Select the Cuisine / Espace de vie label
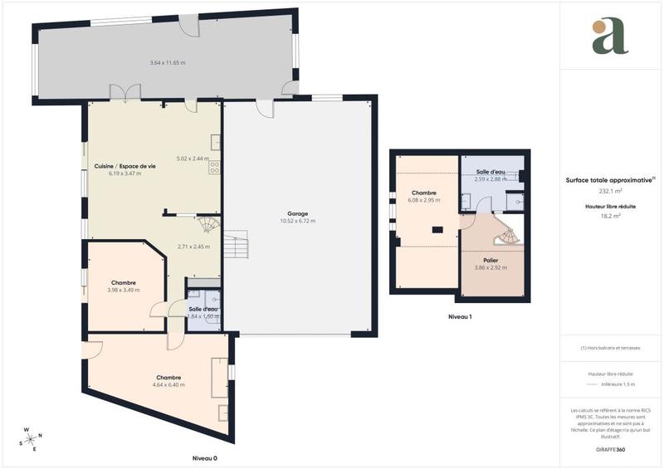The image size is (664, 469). [124, 166]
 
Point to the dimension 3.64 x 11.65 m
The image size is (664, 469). [167, 63]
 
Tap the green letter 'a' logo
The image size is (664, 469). [610, 37]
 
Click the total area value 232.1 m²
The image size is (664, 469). [610, 189]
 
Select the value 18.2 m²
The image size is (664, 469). [610, 215]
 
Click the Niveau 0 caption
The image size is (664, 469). [204, 458]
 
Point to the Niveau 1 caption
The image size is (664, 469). [460, 317]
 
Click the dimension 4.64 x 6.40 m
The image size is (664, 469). [168, 385]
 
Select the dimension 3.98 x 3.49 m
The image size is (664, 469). [124, 291]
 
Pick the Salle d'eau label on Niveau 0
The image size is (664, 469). [203, 310]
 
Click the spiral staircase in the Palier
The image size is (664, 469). [505, 237]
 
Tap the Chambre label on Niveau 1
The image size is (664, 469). [423, 193]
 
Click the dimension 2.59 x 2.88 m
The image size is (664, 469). [491, 179]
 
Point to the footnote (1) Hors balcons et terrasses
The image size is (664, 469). [610, 348]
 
